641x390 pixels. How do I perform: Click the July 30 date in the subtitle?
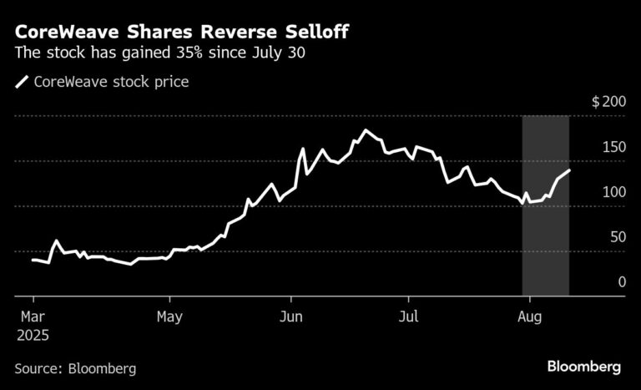pyautogui.click(x=284, y=53)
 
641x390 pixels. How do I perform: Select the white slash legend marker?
pyautogui.click(x=22, y=82)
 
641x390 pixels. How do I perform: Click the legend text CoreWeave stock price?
pyautogui.click(x=111, y=82)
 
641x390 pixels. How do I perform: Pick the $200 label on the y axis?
pyautogui.click(x=608, y=102)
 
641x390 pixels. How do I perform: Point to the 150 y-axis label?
pyautogui.click(x=613, y=147)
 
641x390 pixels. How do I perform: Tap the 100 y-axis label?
pyautogui.click(x=613, y=192)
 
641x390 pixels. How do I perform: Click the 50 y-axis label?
pyautogui.click(x=617, y=237)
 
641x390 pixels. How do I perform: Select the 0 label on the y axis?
pyautogui.click(x=621, y=282)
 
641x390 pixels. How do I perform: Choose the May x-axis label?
pyautogui.click(x=169, y=317)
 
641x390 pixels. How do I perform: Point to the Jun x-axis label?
pyautogui.click(x=290, y=317)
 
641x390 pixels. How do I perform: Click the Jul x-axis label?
pyautogui.click(x=407, y=317)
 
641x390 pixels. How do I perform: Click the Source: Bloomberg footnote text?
pyautogui.click(x=75, y=368)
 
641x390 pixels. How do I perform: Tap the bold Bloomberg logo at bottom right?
pyautogui.click(x=583, y=367)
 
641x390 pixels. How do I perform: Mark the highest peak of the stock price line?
pyautogui.click(x=366, y=131)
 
